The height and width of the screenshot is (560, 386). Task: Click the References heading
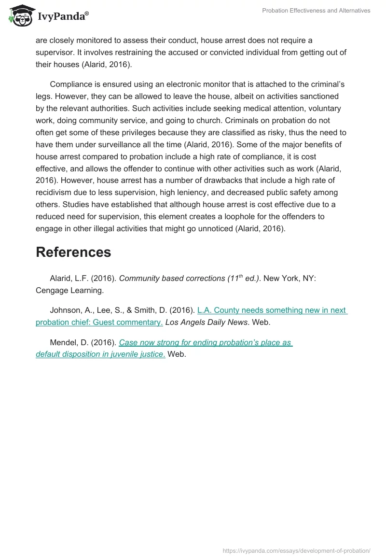[x=73, y=252]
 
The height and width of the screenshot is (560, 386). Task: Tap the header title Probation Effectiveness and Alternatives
[x=316, y=11]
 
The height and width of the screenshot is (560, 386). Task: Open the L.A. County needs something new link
[x=272, y=310]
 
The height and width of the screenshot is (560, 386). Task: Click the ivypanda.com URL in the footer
[x=296, y=551]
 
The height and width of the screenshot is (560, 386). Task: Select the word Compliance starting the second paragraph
[x=71, y=84]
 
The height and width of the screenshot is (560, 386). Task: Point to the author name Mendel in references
[x=63, y=343]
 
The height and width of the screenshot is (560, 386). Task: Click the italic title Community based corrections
[x=171, y=279]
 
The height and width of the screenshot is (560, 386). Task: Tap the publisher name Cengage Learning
[x=69, y=291]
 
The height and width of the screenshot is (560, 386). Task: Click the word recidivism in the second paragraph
[x=57, y=193]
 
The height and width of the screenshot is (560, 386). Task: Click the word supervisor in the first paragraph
[x=55, y=52]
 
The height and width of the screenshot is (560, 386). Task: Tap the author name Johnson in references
[x=66, y=310]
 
